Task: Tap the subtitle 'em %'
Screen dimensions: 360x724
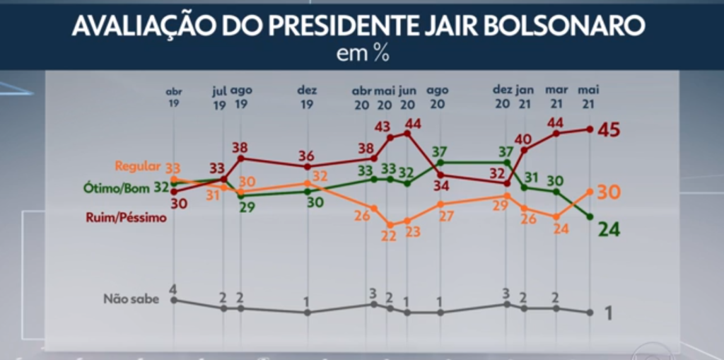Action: click(363, 54)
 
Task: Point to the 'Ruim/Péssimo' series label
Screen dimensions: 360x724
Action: click(127, 218)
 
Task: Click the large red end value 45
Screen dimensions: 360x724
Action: click(609, 129)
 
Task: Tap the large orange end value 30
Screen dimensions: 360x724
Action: click(609, 192)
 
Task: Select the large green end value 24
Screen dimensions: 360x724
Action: click(609, 228)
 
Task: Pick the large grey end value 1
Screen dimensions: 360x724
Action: click(608, 313)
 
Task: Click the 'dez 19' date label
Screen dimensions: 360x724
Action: click(307, 97)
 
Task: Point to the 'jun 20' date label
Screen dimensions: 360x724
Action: click(407, 97)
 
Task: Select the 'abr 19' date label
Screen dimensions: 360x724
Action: click(174, 97)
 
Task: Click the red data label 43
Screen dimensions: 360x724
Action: click(383, 127)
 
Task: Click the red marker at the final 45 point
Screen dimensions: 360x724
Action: click(590, 129)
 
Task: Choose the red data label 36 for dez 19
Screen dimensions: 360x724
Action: click(306, 156)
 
